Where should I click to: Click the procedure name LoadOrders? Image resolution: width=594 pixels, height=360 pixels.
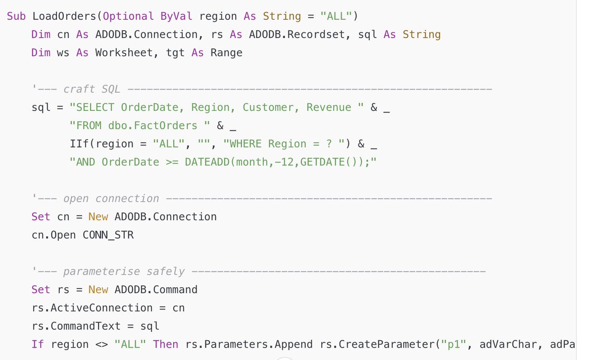[x=64, y=16]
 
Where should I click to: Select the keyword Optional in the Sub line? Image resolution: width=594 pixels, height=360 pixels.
[x=128, y=16]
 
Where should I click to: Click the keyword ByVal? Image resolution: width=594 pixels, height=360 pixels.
[x=176, y=16]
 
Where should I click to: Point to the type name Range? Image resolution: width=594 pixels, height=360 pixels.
[x=226, y=52]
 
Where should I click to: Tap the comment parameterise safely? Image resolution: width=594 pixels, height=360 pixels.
[x=124, y=271]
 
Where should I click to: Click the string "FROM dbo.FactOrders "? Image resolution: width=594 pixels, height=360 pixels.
[x=140, y=126]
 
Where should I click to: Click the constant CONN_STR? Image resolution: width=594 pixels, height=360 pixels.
[x=108, y=235]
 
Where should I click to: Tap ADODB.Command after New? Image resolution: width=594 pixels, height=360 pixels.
[x=155, y=290]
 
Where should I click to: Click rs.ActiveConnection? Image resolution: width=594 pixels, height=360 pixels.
[x=92, y=308]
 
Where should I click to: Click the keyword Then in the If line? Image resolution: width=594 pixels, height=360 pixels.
[x=165, y=344]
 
